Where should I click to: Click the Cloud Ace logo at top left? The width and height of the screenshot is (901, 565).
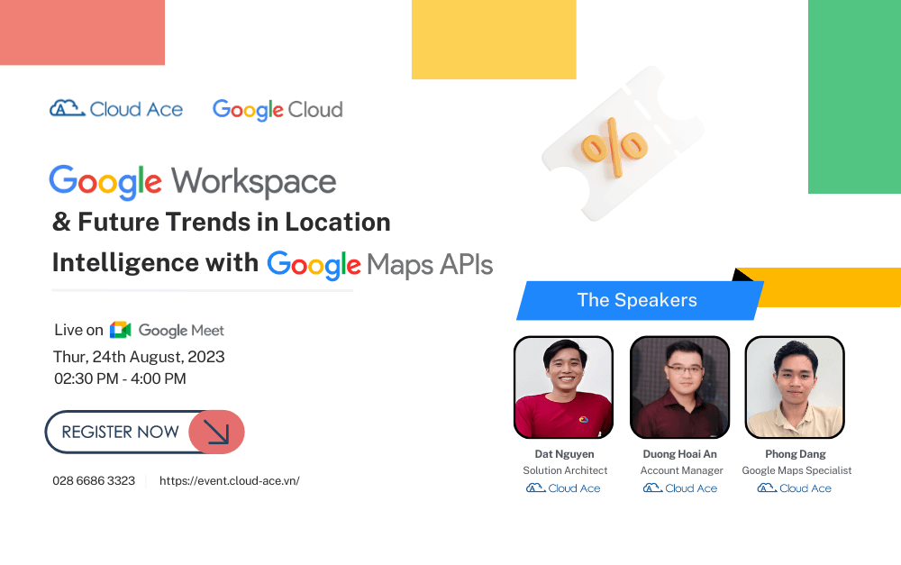point(116,109)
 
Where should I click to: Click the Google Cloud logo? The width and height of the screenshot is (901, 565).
point(278,110)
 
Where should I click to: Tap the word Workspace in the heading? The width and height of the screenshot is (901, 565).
point(254,182)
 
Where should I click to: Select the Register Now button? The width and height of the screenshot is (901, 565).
point(144,432)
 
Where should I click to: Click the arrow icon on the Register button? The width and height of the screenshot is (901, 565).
point(216,432)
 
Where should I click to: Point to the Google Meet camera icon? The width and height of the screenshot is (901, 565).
point(121,330)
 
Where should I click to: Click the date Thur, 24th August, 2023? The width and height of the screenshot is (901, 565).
point(139,356)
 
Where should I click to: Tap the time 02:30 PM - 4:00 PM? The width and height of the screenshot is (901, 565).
point(120,378)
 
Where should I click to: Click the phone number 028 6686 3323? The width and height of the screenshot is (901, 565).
point(94,480)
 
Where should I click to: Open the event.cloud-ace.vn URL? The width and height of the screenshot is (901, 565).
point(229,480)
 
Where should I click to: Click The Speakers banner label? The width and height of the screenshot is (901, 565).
point(637,300)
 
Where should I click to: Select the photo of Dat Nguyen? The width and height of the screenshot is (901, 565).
point(563,387)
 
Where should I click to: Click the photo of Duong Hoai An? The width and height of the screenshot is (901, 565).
point(680,387)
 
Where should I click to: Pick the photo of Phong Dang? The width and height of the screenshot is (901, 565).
point(795,387)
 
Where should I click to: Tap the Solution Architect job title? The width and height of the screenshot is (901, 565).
point(565,470)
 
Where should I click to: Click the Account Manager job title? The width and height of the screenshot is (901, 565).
point(681,470)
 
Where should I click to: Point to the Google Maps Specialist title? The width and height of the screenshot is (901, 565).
point(796,470)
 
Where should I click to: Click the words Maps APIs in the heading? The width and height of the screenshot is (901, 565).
point(430,265)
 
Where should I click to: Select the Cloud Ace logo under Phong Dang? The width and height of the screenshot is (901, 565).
point(795,488)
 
